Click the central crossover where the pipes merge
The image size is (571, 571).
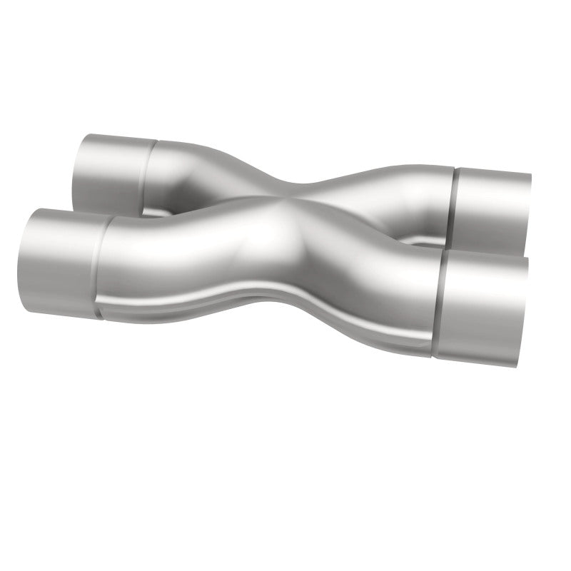(x=300, y=214)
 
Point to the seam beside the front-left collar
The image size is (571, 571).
(x=99, y=268)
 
